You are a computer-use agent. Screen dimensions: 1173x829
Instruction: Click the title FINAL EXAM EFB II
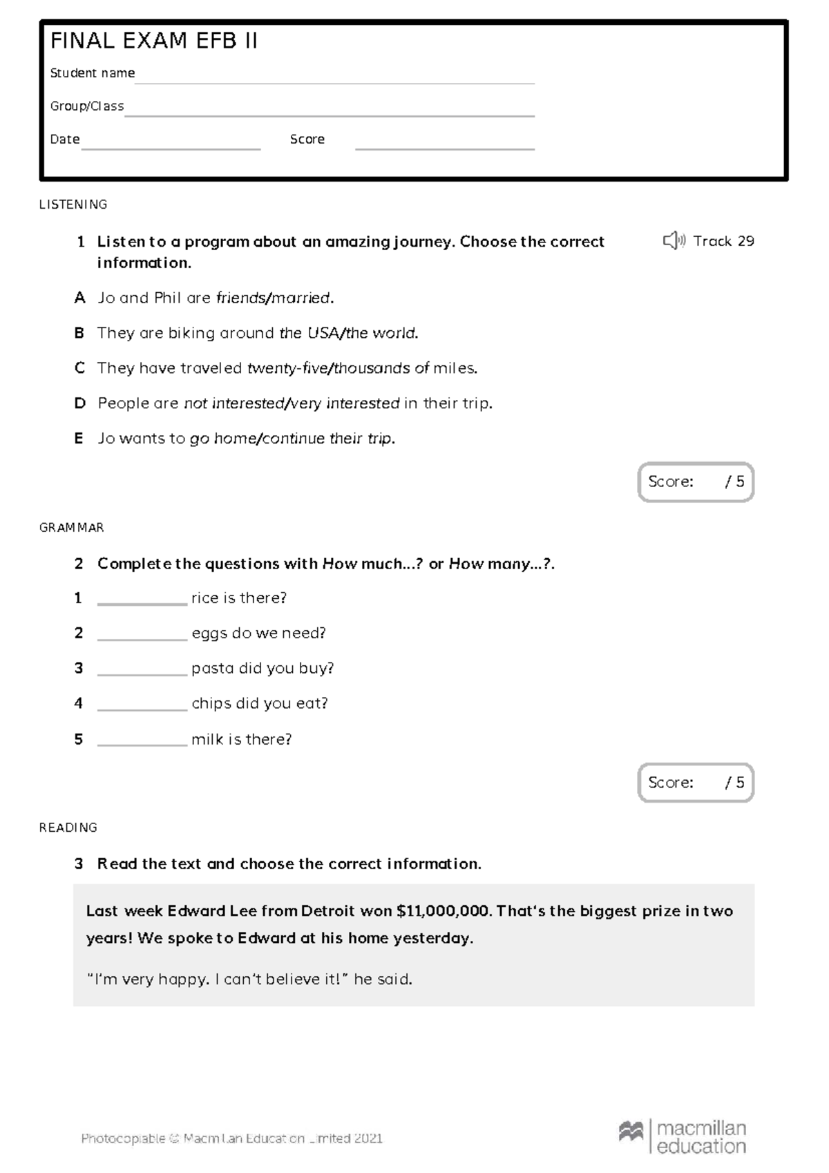coord(153,41)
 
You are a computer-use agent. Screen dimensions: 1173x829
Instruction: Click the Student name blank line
coord(334,80)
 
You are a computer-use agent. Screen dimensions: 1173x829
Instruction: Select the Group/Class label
coord(87,106)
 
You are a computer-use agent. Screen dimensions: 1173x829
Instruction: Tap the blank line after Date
coord(171,146)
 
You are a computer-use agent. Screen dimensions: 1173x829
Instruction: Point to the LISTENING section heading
coord(73,204)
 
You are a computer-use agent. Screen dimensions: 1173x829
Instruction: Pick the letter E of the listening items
coord(79,439)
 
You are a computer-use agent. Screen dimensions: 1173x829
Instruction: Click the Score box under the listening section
coord(695,482)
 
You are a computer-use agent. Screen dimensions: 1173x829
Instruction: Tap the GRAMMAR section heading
coord(72,528)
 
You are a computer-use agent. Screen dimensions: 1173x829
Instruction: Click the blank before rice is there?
coord(142,601)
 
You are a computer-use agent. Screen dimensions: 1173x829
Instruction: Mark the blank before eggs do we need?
coord(142,636)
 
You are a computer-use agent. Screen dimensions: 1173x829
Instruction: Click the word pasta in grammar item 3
coord(212,669)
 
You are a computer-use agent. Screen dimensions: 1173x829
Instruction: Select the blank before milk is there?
coord(142,742)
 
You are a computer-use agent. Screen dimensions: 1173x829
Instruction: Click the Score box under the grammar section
coord(695,783)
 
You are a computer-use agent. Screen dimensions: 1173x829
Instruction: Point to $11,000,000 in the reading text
coord(444,911)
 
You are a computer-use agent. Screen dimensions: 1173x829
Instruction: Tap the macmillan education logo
coord(683,1137)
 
